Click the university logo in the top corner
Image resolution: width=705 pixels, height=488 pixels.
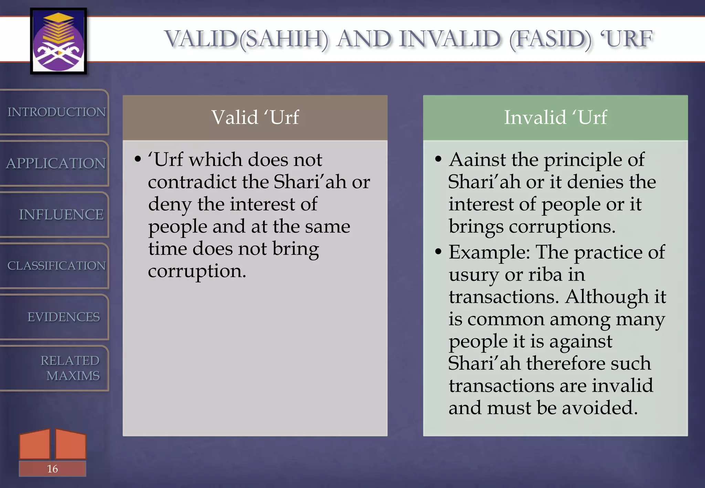(58, 41)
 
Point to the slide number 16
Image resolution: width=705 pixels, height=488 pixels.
(52, 469)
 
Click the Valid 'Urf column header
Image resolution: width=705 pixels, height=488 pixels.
(255, 117)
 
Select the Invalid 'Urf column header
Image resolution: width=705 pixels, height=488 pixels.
(555, 117)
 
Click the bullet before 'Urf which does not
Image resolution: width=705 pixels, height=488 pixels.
(138, 159)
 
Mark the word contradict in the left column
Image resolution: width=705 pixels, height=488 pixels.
(192, 182)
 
